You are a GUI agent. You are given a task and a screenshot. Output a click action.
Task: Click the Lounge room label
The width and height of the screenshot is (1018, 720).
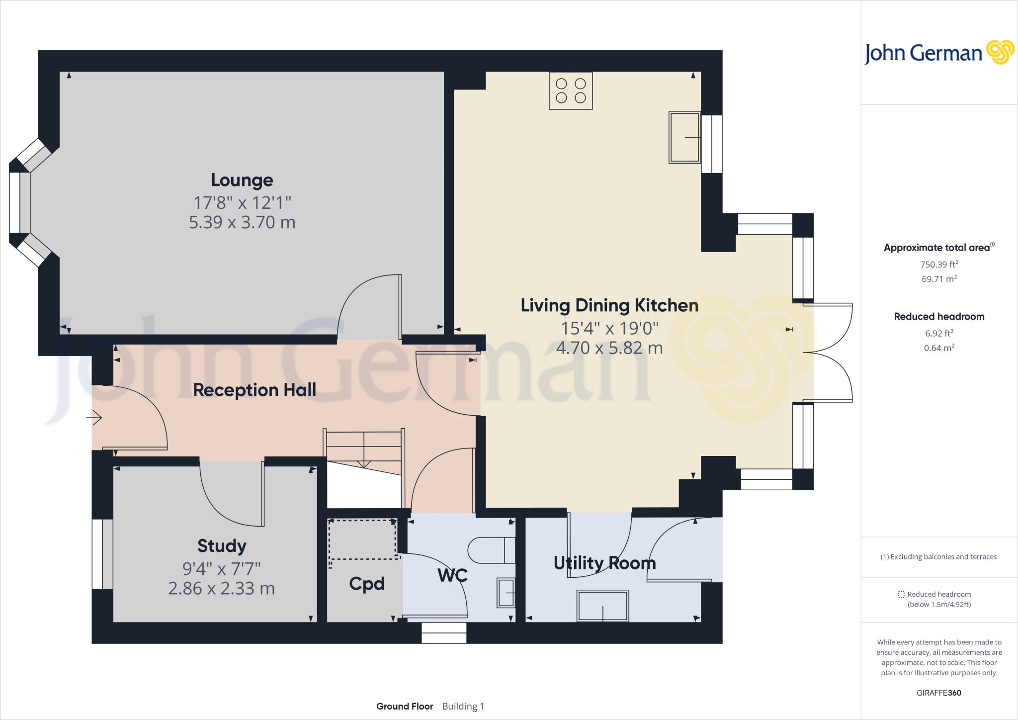coord(242,180)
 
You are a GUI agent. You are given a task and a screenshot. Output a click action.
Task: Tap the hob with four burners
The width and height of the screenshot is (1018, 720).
coord(571,91)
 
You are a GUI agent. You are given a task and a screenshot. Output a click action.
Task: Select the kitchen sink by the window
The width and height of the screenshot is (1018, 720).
coord(684,137)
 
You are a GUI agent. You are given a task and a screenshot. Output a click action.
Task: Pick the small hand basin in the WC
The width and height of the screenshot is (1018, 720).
coord(506,593)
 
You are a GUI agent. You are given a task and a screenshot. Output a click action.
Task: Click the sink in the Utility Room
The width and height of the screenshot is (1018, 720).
coord(602,606)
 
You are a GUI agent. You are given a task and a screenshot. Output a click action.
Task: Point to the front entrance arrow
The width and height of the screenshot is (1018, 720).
coord(94,418)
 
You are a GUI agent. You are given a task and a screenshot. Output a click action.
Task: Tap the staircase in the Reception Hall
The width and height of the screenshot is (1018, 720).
coord(364,450)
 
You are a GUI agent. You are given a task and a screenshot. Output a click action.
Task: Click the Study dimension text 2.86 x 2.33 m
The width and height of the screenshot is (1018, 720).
coord(221,589)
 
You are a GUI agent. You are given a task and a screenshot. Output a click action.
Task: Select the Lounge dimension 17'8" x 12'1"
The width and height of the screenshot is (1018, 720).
coord(242,203)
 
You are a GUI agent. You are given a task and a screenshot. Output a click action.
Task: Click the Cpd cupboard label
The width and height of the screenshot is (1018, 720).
coord(367,584)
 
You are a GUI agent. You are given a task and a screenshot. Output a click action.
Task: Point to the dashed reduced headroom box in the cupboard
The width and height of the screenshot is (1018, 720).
coord(362,540)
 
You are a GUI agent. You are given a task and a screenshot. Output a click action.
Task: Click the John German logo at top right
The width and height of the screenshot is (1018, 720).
coord(938,53)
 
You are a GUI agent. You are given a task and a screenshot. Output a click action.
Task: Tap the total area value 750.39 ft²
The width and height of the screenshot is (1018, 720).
coord(939,265)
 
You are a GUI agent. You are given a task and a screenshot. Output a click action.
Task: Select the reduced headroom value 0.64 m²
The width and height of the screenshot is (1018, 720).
coord(939,348)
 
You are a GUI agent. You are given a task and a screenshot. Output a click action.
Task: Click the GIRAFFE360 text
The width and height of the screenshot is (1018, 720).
coord(939,693)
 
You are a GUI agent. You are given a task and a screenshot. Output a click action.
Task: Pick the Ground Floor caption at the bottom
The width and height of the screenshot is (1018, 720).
coord(405,706)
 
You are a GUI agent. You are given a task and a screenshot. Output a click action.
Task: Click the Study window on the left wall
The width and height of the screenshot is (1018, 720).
coord(102,554)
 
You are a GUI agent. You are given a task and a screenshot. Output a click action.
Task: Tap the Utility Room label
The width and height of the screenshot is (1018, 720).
coord(605,563)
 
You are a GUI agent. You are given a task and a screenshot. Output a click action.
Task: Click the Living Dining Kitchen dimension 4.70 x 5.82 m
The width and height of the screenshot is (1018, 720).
coord(609,348)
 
